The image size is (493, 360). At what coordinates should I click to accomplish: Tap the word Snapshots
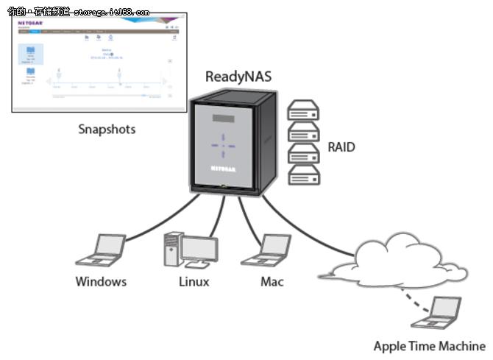pyautogui.click(x=107, y=130)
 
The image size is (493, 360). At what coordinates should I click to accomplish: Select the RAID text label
pyautogui.click(x=341, y=147)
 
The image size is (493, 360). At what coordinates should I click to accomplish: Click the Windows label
pyautogui.click(x=101, y=281)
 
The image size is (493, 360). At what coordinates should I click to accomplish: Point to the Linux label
pyautogui.click(x=194, y=281)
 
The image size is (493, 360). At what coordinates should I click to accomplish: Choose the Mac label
pyautogui.click(x=272, y=281)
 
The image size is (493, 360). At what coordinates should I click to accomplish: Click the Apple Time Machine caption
pyautogui.click(x=429, y=345)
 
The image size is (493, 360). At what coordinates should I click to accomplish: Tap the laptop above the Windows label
pyautogui.click(x=102, y=250)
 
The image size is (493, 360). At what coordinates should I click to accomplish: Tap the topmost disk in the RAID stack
pyautogui.click(x=303, y=111)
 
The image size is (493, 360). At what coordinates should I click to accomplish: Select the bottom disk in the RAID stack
pyautogui.click(x=303, y=174)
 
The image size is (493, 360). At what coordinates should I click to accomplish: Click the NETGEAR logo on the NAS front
pyautogui.click(x=223, y=169)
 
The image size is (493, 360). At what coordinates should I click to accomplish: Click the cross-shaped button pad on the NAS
pyautogui.click(x=223, y=145)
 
